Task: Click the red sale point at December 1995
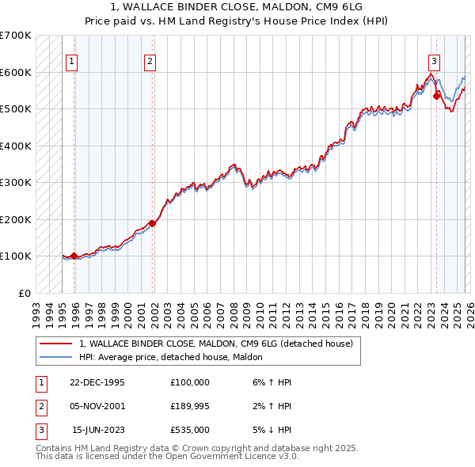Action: tap(74, 256)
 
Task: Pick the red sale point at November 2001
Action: tap(153, 223)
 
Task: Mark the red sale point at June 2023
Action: tap(436, 96)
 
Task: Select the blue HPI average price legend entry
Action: tap(176, 357)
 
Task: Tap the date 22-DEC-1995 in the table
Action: tap(97, 382)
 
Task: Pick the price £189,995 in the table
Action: tap(189, 406)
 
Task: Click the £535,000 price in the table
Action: tap(189, 430)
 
